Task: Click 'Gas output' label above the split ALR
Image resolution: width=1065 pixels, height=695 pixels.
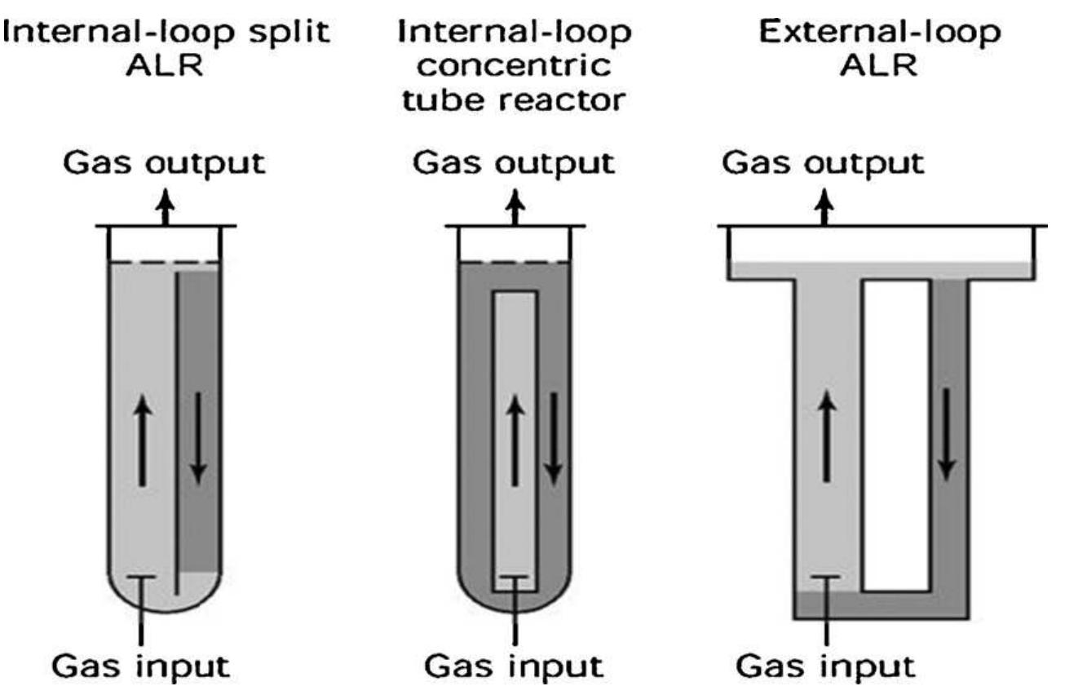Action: pos(166,163)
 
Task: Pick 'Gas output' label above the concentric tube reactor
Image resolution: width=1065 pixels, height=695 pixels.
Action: pos(513,162)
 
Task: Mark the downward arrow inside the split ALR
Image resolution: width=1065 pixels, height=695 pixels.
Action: pos(198,436)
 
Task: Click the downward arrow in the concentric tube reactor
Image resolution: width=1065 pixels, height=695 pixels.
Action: pos(554,436)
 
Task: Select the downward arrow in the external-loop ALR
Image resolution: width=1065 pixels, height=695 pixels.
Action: pos(947,433)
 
